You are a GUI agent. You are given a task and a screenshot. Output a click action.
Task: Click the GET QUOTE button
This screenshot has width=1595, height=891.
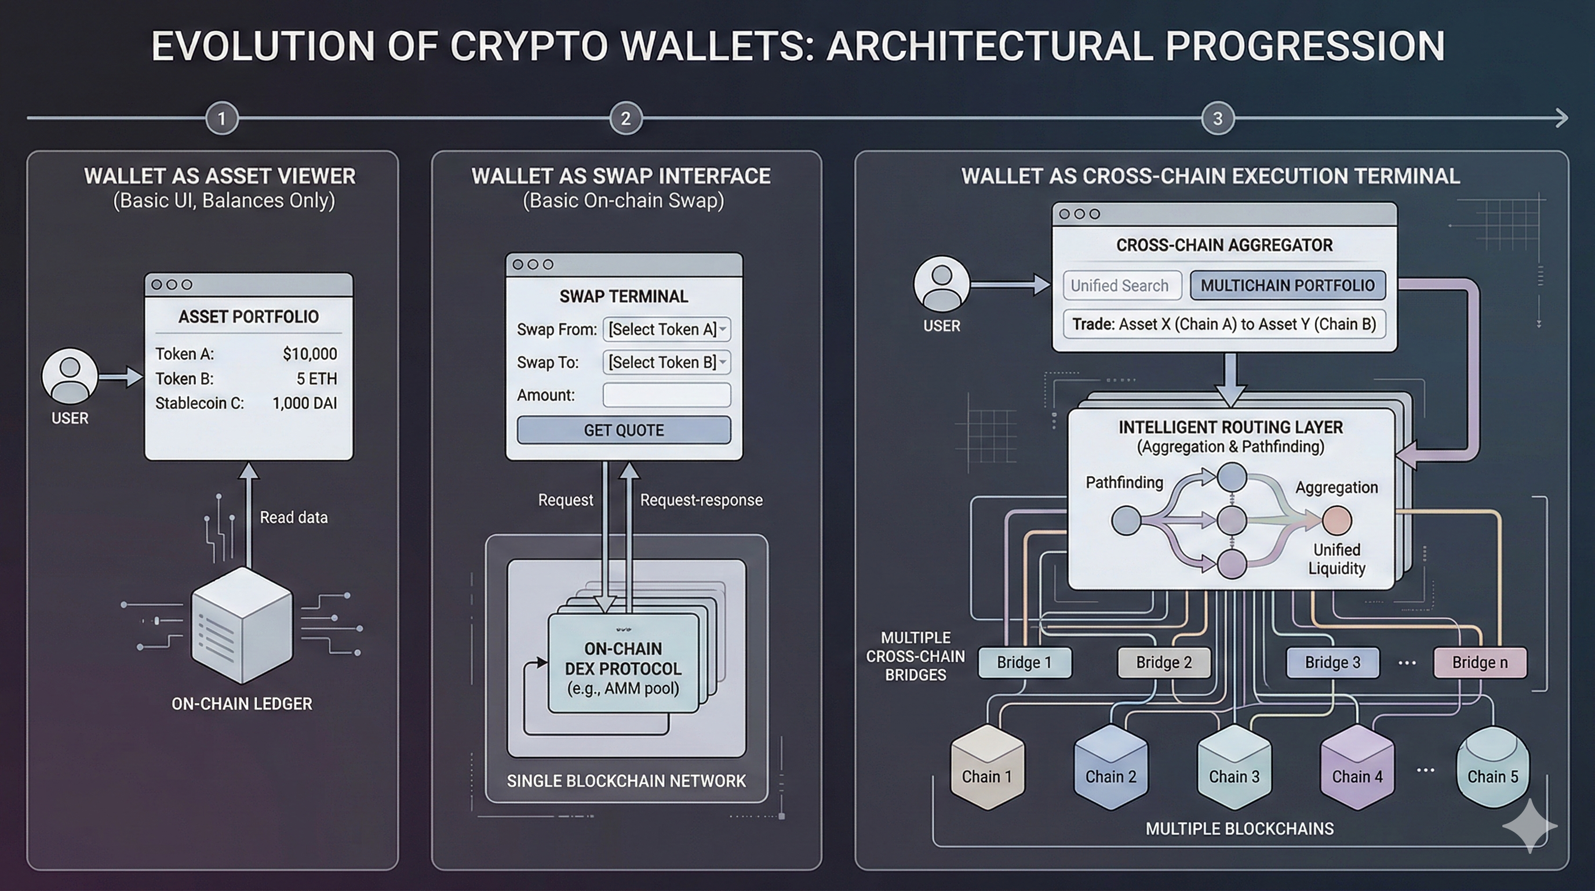(624, 430)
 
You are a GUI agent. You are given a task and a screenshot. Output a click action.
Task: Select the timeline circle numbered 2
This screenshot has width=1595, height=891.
(625, 118)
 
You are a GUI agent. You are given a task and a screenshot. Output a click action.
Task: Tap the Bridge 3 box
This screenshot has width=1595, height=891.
(1332, 662)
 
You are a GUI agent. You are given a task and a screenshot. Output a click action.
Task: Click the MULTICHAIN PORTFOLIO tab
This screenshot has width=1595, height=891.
(1287, 285)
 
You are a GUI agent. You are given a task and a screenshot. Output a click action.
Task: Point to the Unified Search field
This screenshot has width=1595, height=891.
(1122, 285)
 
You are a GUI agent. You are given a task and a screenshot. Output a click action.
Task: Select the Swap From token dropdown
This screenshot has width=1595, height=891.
(667, 329)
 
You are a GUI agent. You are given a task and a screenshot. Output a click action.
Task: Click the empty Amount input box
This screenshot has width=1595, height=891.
(667, 395)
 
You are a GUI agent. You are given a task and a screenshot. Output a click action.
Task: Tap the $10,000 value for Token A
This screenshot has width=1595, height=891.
(309, 354)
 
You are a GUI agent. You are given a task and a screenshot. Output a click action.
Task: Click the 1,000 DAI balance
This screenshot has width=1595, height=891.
(305, 403)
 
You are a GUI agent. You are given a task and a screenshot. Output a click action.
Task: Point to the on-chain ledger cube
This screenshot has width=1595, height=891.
(242, 626)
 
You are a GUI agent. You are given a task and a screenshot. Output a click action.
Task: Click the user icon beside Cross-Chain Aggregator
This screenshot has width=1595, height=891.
(941, 284)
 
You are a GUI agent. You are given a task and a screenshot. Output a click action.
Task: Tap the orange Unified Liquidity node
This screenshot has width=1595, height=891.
(1337, 520)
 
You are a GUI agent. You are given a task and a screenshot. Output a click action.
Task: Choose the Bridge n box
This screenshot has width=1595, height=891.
(1480, 662)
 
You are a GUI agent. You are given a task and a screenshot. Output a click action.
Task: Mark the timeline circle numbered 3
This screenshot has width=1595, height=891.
(1217, 118)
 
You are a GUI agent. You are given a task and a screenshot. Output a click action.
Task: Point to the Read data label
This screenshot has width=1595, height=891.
(293, 517)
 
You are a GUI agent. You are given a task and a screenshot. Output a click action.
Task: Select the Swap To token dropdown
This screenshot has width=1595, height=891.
(667, 363)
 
